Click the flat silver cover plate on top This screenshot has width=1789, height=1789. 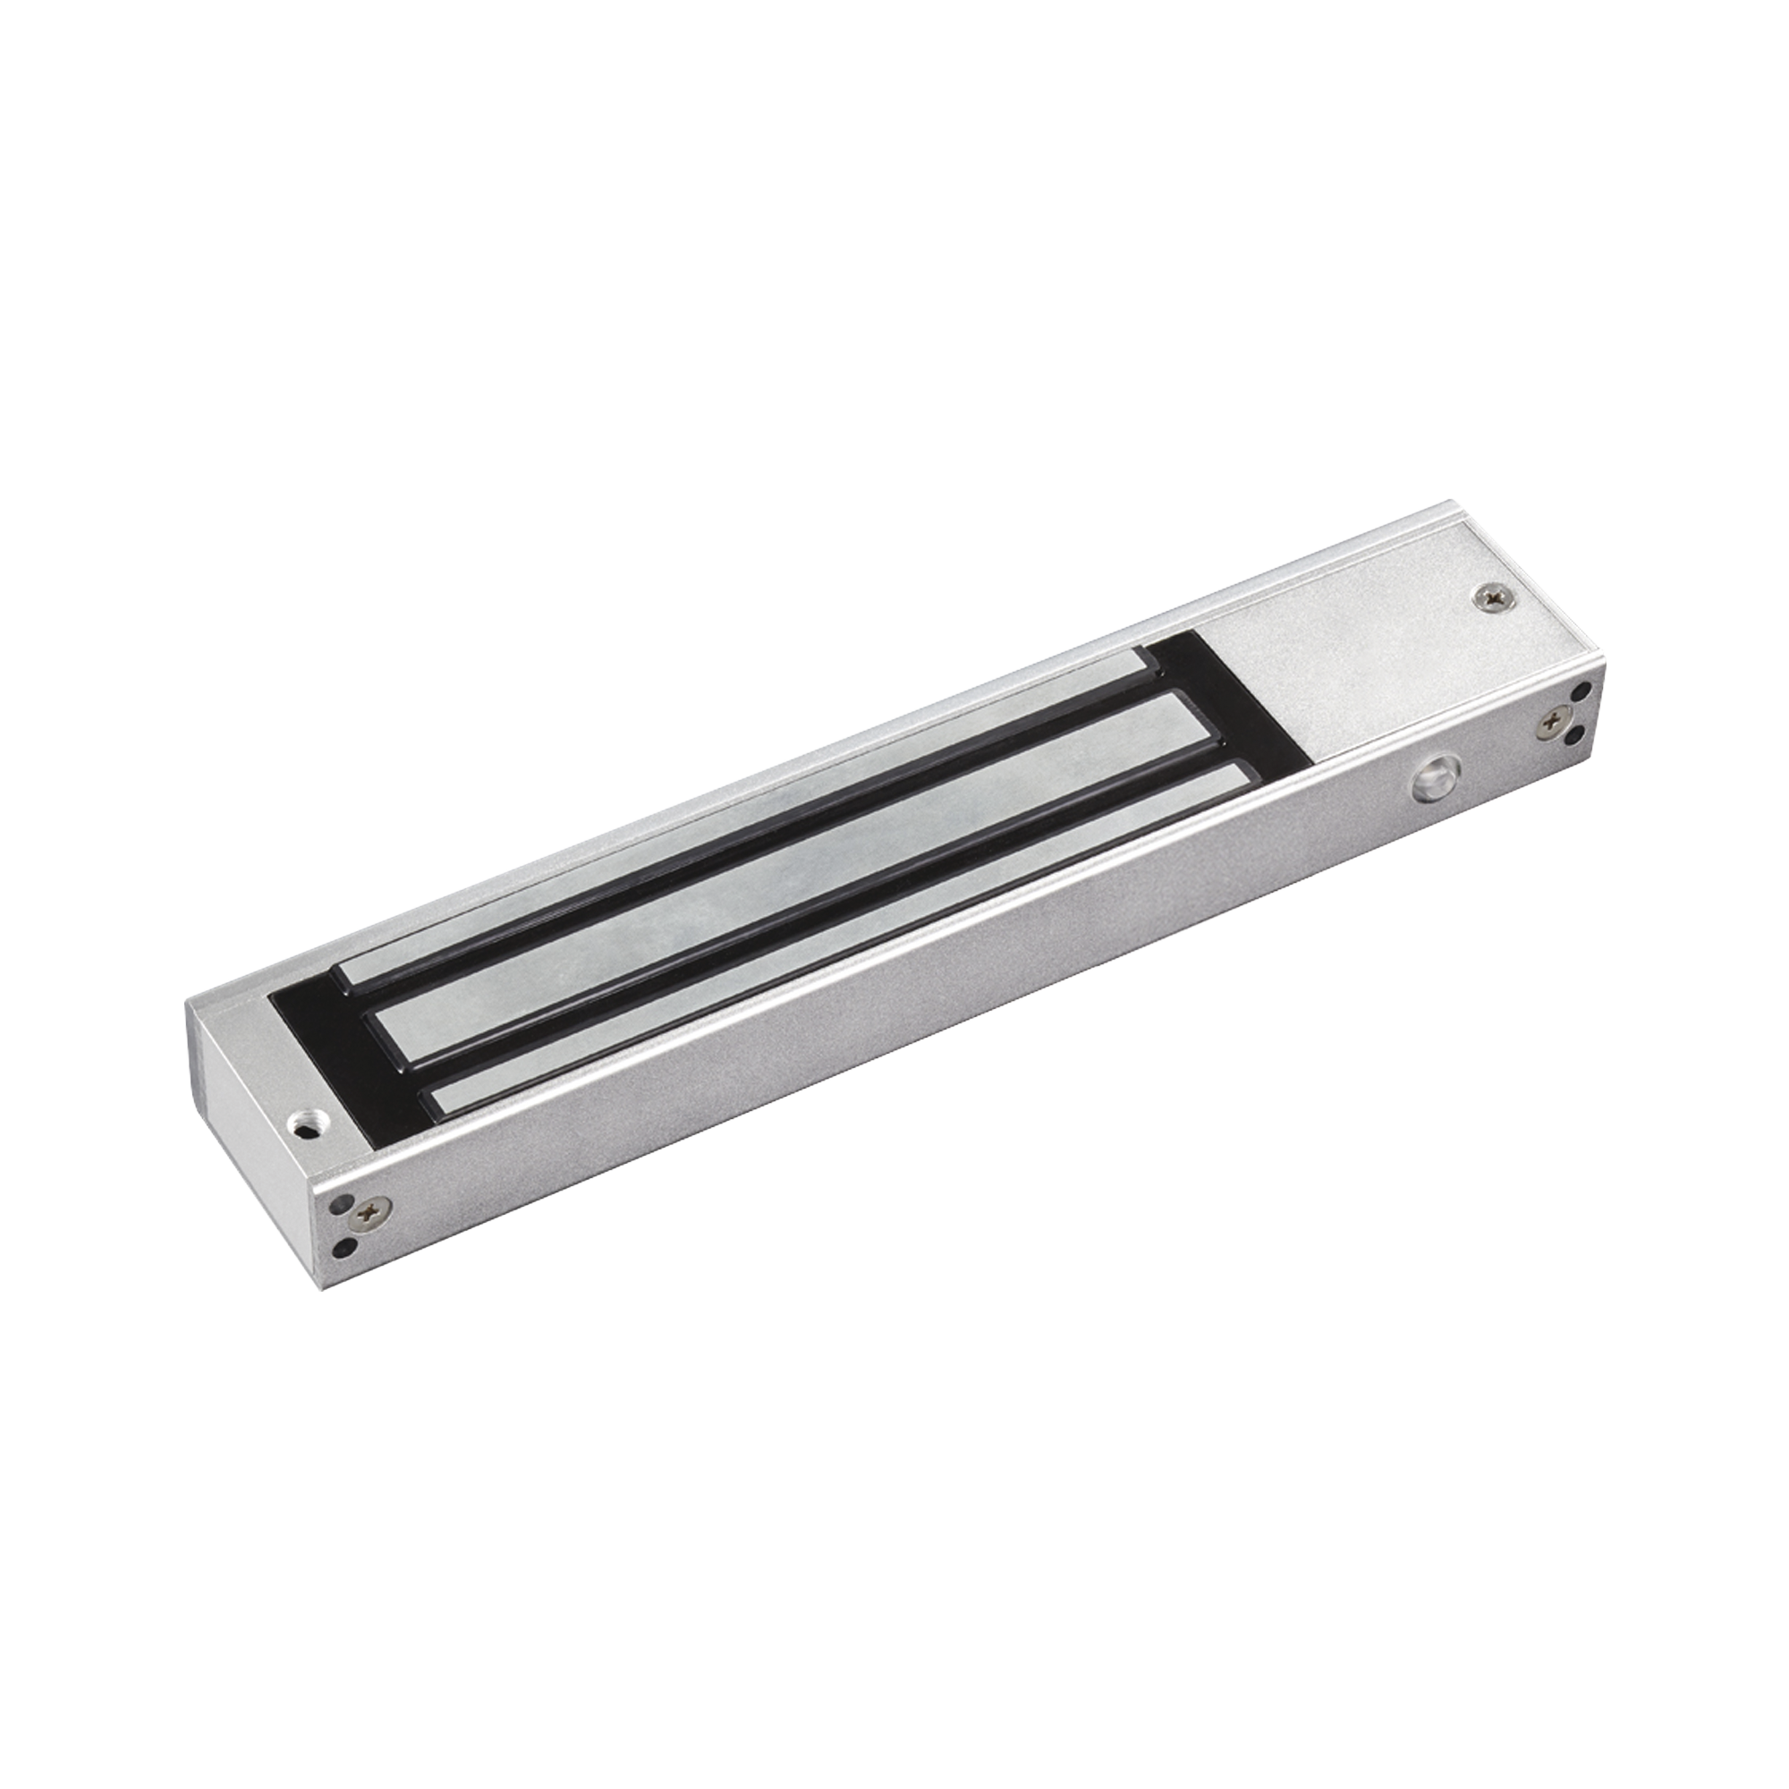(x=1389, y=639)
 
